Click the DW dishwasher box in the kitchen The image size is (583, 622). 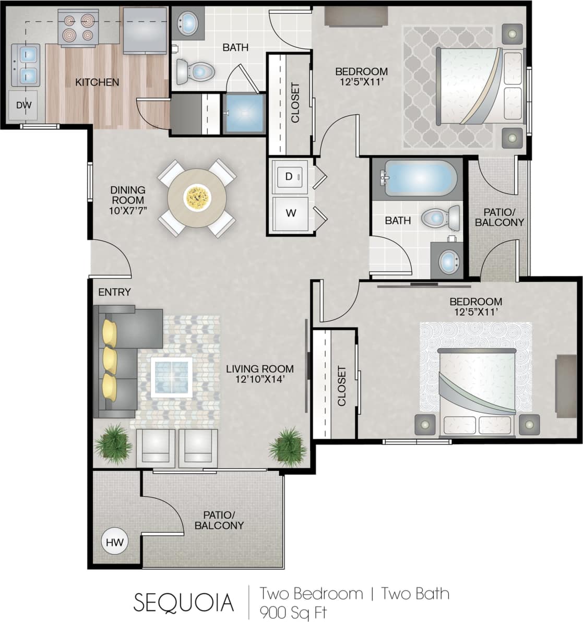23,105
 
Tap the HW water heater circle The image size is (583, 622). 114,542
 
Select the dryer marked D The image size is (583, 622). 289,177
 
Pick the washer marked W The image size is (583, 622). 290,213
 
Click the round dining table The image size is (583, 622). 197,197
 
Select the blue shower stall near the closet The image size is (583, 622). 244,113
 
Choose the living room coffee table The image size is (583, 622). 172,375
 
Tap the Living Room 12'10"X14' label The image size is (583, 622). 259,374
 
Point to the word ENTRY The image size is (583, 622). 114,292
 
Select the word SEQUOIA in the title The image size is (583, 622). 184,602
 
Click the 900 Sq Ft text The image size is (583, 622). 295,611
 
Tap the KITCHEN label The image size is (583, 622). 97,82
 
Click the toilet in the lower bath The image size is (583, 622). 442,218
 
